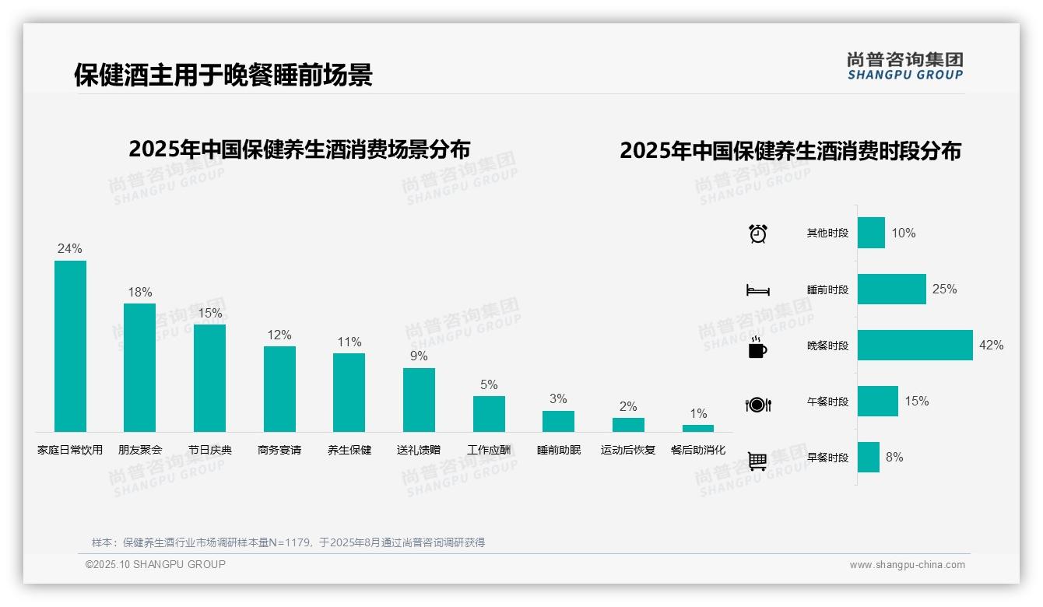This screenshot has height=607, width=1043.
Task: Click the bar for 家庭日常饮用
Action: (x=70, y=346)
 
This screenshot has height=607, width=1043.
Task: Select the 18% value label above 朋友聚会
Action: (x=140, y=293)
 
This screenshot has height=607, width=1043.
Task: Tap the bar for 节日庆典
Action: (x=209, y=377)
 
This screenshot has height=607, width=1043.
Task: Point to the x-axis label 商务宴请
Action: (x=279, y=450)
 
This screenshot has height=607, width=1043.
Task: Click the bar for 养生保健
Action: (x=349, y=392)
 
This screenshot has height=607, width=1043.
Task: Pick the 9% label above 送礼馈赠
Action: (x=419, y=356)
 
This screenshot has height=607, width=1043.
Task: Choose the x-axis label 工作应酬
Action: (x=489, y=450)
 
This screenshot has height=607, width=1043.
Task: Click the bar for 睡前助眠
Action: (x=558, y=421)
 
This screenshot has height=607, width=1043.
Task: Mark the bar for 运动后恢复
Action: (x=628, y=425)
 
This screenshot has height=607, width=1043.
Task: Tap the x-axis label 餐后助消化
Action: (x=698, y=450)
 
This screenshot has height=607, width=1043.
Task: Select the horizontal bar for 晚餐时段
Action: (x=915, y=345)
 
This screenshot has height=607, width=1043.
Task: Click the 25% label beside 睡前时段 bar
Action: (x=944, y=289)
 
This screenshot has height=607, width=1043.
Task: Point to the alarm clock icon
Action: (x=758, y=233)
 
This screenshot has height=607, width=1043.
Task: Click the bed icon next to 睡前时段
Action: (x=758, y=290)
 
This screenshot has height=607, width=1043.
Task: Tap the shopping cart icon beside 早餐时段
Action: (x=758, y=461)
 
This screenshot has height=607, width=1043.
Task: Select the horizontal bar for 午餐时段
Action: (x=877, y=401)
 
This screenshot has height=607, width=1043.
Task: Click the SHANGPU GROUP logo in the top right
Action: (x=905, y=65)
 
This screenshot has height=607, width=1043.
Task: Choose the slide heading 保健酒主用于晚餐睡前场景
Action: (x=223, y=75)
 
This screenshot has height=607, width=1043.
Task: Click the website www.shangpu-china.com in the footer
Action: (x=907, y=565)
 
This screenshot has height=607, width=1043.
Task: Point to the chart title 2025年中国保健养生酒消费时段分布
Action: (x=790, y=150)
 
